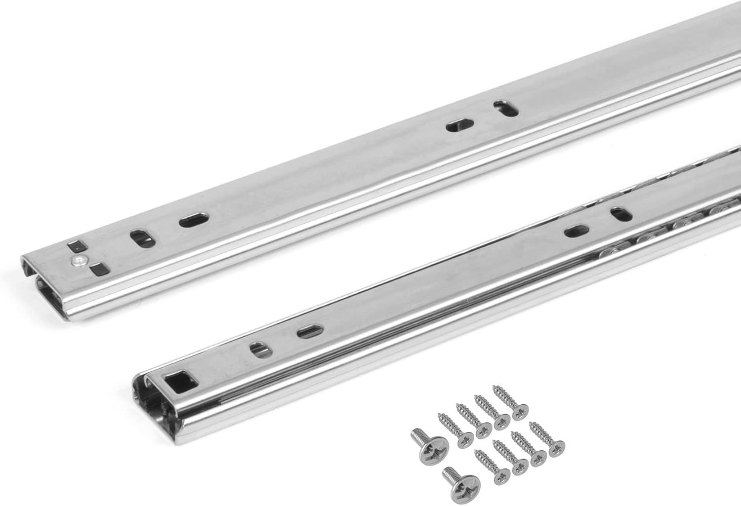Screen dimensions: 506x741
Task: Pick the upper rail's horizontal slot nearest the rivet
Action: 193,221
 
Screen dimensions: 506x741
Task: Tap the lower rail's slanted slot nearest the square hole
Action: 257,349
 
